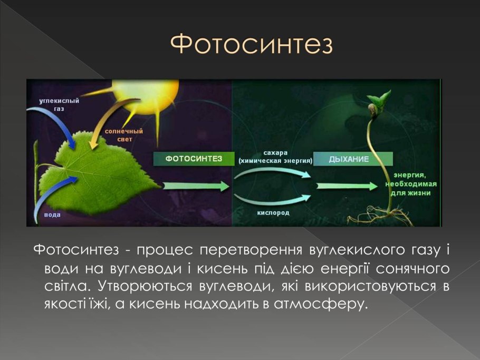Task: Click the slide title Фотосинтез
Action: pos(251,44)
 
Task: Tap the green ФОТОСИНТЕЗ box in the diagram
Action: pos(194,159)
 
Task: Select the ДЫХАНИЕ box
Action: pos(353,159)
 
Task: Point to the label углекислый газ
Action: pos(59,104)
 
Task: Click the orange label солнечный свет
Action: pos(124,135)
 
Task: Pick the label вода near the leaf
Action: pos(52,215)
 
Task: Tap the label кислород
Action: pos(273,212)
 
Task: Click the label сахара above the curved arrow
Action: pos(275,153)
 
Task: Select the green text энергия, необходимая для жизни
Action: pos(411,184)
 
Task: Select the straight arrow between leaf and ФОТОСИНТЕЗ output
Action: pos(196,186)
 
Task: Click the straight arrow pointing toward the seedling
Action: pos(347,186)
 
